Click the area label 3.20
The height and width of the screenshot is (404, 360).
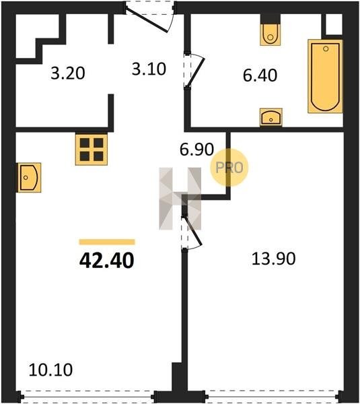click(68, 73)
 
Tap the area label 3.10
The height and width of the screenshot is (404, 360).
click(149, 69)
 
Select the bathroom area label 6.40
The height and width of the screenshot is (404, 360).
click(260, 75)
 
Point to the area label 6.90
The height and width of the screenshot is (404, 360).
click(196, 149)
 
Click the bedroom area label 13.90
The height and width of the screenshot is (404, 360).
click(273, 259)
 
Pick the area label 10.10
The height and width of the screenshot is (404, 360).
click(50, 370)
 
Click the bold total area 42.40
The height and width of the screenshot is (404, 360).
click(107, 260)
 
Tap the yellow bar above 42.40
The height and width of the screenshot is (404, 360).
click(107, 242)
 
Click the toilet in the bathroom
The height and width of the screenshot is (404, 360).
click(270, 34)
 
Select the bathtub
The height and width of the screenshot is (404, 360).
click(325, 76)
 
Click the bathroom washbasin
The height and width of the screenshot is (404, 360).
click(271, 117)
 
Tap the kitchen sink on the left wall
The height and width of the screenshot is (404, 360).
click(29, 178)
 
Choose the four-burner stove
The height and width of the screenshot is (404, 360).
click(92, 149)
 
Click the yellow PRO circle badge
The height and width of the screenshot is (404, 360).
click(229, 168)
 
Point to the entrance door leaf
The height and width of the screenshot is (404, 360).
click(146, 22)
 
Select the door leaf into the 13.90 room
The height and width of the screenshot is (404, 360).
click(193, 230)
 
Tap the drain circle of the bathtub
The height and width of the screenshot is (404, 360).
click(326, 48)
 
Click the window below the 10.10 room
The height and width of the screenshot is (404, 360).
click(87, 397)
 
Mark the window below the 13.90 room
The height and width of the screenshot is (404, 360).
click(273, 397)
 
